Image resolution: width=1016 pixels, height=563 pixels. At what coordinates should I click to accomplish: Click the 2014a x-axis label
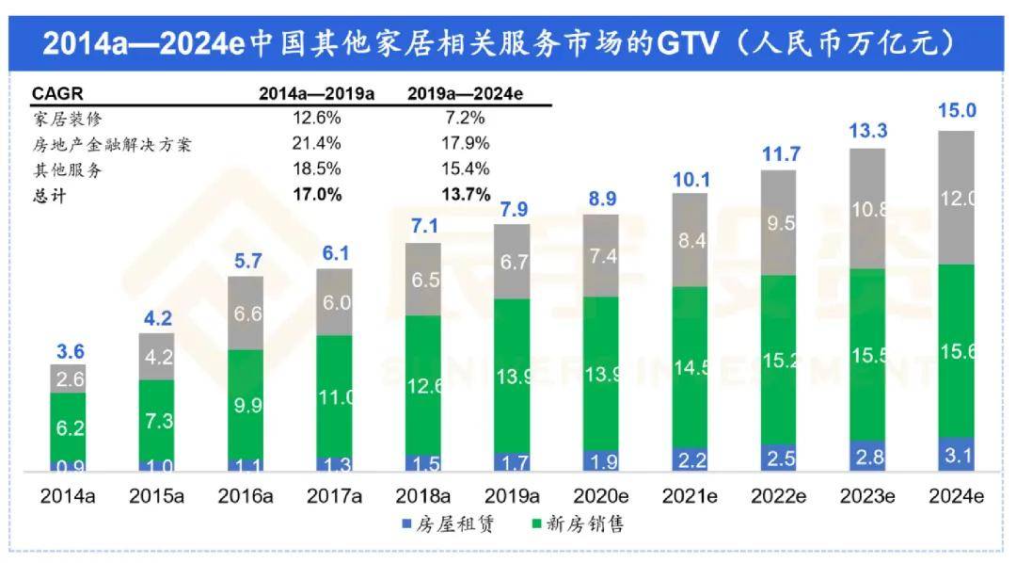pos(69,495)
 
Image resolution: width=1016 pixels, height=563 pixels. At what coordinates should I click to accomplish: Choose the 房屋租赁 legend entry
pos(453,523)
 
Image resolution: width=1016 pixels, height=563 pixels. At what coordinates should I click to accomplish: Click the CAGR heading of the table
pos(57,94)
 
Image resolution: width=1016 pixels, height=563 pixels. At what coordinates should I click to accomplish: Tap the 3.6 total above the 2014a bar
pos(69,352)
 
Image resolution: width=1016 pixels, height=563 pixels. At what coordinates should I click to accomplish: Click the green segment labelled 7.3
pos(156,420)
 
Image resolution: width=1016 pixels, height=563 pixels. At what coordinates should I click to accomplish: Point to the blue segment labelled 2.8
pos(866,457)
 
